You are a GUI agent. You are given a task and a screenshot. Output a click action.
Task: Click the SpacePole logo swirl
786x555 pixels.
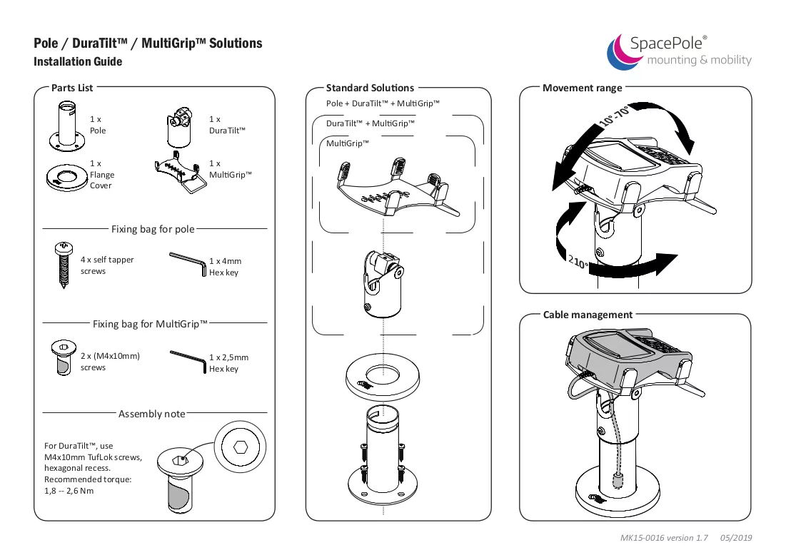tap(621, 53)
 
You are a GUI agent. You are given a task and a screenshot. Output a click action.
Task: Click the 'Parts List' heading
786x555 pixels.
tap(72, 88)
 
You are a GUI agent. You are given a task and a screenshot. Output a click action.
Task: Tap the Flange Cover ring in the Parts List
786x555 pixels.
tap(66, 178)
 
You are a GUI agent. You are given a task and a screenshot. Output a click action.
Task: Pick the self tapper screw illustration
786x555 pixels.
tap(63, 265)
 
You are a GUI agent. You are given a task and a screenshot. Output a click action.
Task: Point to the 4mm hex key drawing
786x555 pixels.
tap(188, 263)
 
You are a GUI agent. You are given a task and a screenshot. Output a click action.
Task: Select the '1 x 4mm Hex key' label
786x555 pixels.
tap(225, 267)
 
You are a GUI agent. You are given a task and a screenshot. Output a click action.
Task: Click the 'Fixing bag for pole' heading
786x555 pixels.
tap(153, 229)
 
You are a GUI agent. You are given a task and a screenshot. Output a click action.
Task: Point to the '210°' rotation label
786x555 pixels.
tap(578, 261)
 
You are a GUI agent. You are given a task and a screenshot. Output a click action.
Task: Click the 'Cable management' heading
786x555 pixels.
tap(588, 315)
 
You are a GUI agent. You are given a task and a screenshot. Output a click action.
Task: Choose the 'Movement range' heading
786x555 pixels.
tap(582, 88)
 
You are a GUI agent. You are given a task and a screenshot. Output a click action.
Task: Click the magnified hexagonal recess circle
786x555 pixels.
tap(240, 447)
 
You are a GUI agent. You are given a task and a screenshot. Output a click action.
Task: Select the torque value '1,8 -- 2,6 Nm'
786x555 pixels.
tap(69, 491)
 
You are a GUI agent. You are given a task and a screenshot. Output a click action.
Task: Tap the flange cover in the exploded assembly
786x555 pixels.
tap(383, 377)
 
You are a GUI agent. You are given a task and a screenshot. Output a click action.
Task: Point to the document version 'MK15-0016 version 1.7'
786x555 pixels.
tap(664, 538)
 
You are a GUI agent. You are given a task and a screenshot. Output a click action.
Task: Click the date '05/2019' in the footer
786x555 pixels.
tap(736, 538)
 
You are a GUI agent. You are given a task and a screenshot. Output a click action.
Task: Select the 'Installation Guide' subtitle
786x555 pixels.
tap(78, 61)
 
